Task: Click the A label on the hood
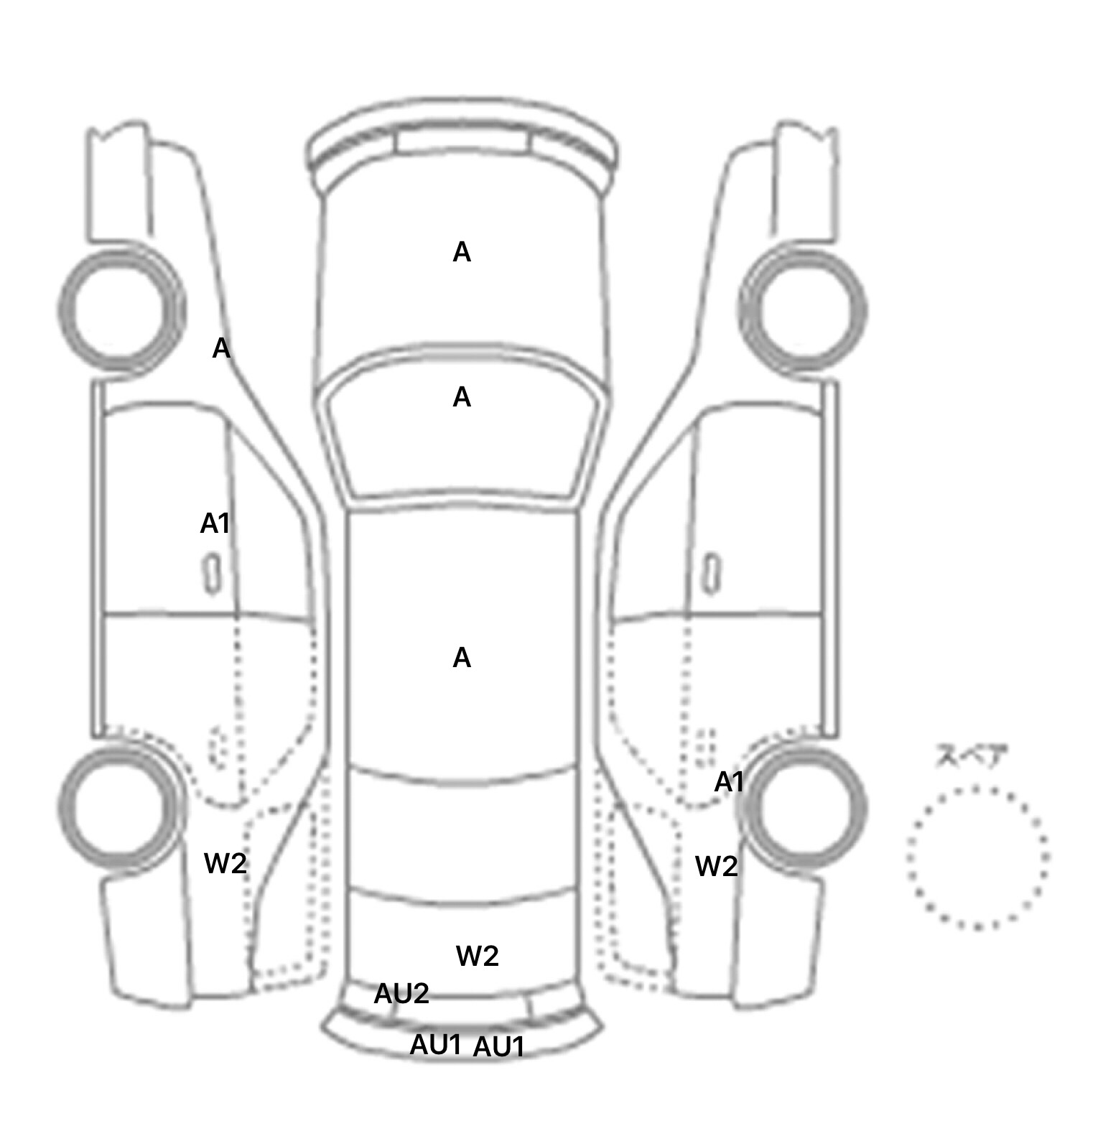pyautogui.click(x=462, y=252)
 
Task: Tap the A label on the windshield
pyautogui.click(x=462, y=397)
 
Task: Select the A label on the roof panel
pyautogui.click(x=462, y=658)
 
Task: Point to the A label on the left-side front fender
pyautogui.click(x=221, y=349)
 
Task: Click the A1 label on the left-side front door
pyautogui.click(x=215, y=524)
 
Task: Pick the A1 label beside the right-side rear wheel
pyautogui.click(x=729, y=782)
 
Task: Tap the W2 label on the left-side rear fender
pyautogui.click(x=225, y=863)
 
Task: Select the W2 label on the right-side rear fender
pyautogui.click(x=716, y=867)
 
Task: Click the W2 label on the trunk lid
pyautogui.click(x=477, y=956)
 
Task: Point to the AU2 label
pyautogui.click(x=401, y=994)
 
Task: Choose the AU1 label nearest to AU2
pyautogui.click(x=435, y=1045)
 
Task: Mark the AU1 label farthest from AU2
pyautogui.click(x=498, y=1048)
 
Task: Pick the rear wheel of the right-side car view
pyautogui.click(x=804, y=806)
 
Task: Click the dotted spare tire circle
pyautogui.click(x=977, y=858)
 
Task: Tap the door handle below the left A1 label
pyautogui.click(x=212, y=574)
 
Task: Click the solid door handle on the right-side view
pyautogui.click(x=711, y=574)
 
